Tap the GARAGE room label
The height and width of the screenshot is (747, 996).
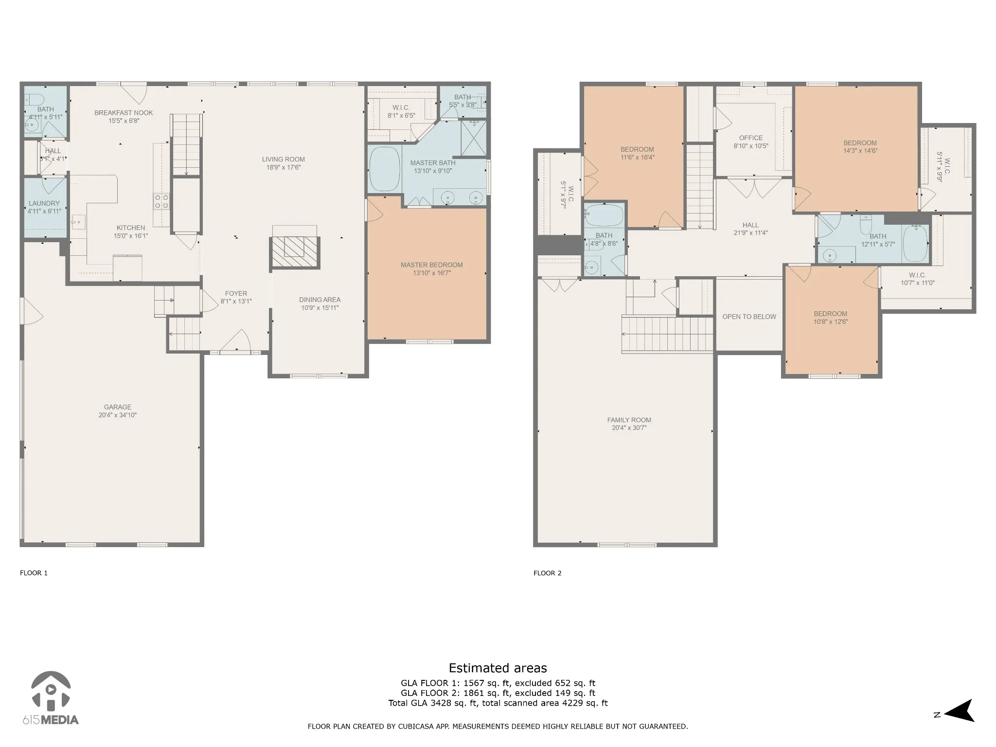[118, 407]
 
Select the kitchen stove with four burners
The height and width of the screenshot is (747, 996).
[161, 201]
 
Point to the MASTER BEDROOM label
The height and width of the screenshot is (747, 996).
[432, 265]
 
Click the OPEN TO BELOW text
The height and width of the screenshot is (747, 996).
[749, 317]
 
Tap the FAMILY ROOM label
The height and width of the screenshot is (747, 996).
[629, 420]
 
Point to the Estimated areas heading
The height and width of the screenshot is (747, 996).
[498, 668]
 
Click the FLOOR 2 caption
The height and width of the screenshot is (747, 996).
[548, 573]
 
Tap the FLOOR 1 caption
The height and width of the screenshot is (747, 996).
[34, 573]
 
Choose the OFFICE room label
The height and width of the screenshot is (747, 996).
[751, 138]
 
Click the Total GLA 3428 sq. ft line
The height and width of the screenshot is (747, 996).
[498, 703]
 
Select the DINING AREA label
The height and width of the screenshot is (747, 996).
[320, 300]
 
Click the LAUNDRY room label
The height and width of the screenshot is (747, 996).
[44, 203]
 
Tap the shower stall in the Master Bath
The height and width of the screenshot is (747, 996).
[473, 138]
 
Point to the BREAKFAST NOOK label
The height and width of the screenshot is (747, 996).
[124, 113]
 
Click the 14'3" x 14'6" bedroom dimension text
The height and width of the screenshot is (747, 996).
[860, 151]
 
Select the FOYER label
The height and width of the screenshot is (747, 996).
[236, 293]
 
